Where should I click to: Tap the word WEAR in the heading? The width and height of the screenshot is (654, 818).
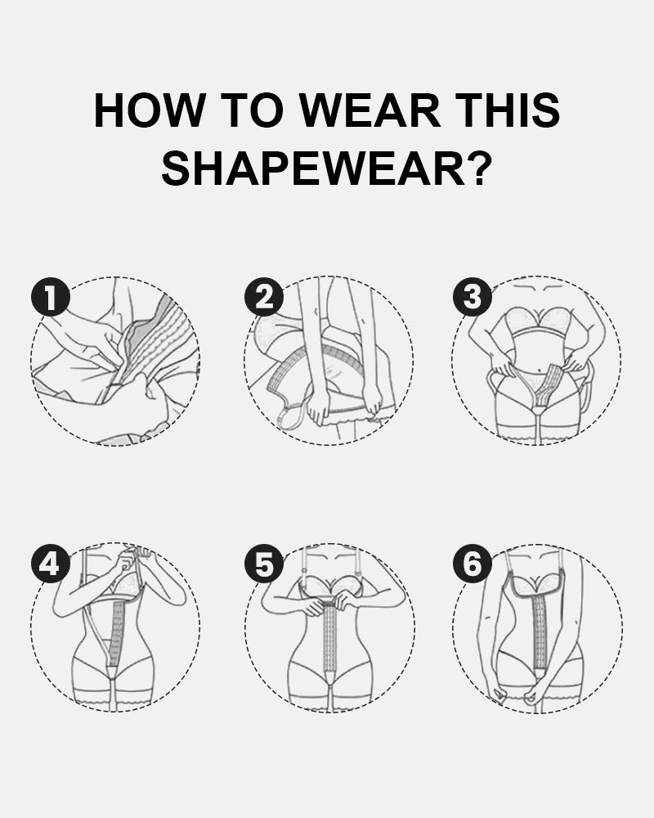371,110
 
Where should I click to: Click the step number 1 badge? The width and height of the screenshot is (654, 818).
50,298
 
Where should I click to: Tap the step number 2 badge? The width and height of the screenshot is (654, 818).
264,298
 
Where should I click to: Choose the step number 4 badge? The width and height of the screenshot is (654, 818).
50,564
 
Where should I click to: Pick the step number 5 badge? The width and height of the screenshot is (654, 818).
264,564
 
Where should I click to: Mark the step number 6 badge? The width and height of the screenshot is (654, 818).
473,564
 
